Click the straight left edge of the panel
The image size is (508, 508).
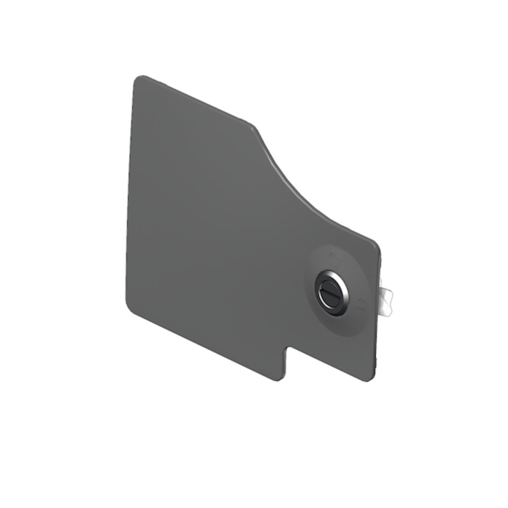(129, 193)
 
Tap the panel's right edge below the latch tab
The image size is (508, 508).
(376, 345)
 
